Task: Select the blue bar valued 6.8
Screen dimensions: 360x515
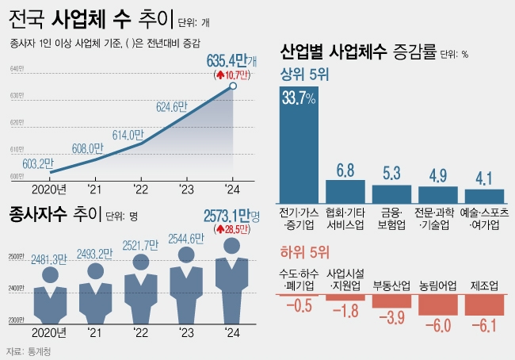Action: point(345,192)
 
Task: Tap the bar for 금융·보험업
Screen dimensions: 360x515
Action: point(391,195)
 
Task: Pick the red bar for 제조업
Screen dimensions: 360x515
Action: point(484,304)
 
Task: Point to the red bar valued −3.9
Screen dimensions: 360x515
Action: point(391,301)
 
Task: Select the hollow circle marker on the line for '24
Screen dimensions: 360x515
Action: point(233,86)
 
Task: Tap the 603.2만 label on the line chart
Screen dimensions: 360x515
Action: point(38,163)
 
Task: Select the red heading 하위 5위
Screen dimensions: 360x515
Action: point(305,253)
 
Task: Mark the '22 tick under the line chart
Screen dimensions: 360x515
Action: point(140,188)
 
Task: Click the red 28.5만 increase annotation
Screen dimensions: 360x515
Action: point(231,229)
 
